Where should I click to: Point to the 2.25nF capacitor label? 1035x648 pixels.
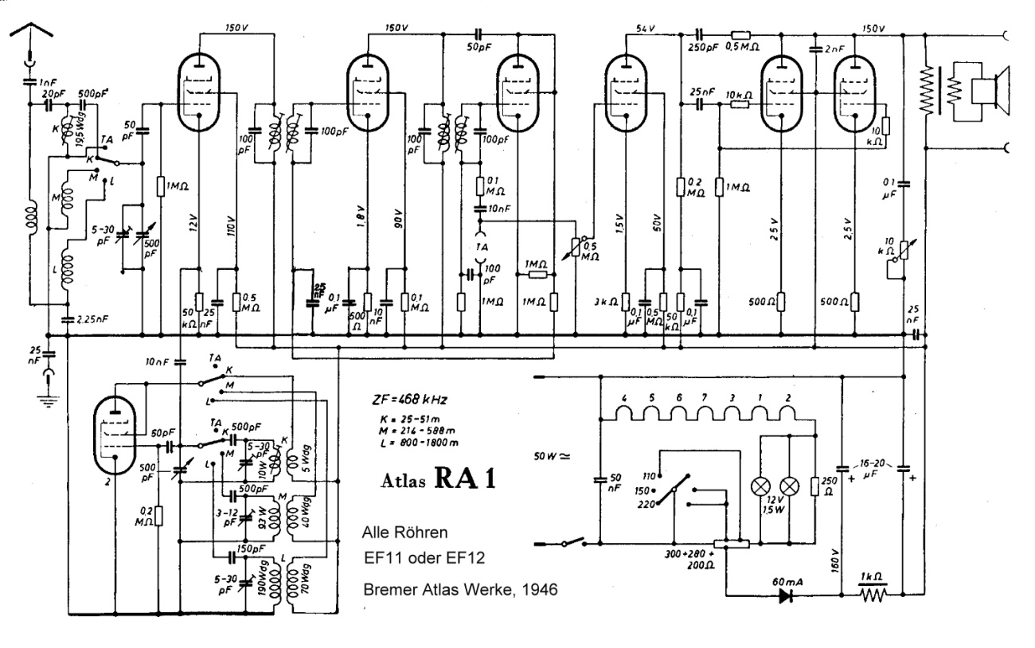point(95,319)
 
